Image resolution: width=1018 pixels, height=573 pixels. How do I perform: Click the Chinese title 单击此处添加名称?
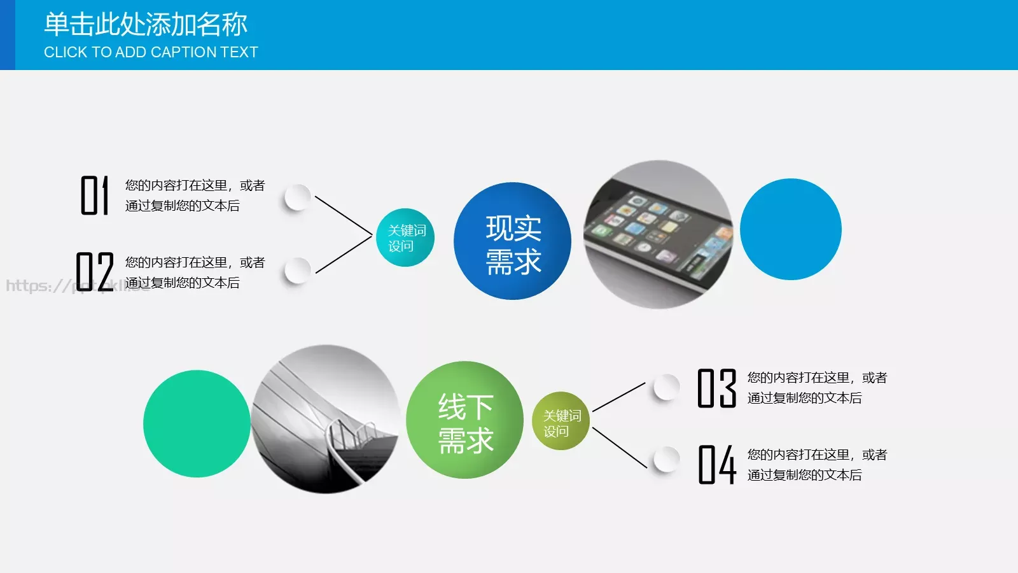(145, 25)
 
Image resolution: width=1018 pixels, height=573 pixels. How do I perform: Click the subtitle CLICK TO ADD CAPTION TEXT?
(151, 52)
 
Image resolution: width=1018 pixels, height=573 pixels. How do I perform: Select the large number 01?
(94, 195)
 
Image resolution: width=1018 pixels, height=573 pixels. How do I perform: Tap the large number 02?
(95, 272)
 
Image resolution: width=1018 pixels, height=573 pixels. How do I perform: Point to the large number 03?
(717, 388)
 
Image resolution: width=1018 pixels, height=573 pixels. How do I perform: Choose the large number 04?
(717, 465)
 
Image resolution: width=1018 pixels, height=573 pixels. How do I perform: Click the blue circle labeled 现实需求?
(512, 241)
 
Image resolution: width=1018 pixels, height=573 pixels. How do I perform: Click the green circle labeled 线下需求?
(464, 420)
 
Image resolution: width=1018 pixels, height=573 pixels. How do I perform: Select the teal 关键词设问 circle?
(405, 237)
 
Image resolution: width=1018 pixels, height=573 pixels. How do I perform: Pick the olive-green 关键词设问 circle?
(561, 421)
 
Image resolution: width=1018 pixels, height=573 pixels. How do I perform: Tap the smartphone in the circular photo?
(659, 236)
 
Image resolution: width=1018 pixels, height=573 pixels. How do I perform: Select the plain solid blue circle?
(791, 229)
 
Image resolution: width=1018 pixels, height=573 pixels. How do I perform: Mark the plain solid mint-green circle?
(197, 424)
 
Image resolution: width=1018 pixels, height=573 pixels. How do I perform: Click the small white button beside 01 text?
(297, 197)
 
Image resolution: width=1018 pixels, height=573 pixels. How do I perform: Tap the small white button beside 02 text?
(297, 271)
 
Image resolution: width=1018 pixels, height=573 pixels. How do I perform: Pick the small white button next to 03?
(666, 386)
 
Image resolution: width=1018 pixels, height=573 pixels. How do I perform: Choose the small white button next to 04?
(666, 459)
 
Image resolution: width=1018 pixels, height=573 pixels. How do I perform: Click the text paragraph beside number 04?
(816, 465)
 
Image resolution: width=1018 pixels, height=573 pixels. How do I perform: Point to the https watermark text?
(38, 286)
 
